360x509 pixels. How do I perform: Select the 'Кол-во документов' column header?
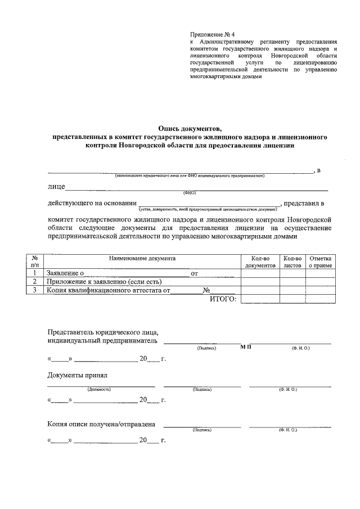coord(260,262)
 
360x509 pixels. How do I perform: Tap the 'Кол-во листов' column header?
coord(292,262)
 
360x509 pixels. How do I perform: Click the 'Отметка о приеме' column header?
coord(320,262)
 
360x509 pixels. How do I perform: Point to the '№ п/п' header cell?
coord(35,262)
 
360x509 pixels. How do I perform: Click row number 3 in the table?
coord(35,290)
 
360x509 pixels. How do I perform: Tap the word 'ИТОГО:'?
coord(223,299)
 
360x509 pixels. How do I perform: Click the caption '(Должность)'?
coord(99,389)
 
